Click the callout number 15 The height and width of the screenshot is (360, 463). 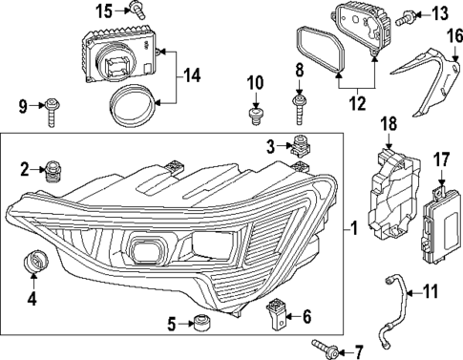(x=104, y=11)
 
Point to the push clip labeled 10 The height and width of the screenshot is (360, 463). (x=256, y=116)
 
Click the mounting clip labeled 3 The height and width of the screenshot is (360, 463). (x=305, y=146)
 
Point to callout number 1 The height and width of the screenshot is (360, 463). (x=355, y=229)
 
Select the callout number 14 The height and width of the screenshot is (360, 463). (x=191, y=72)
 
